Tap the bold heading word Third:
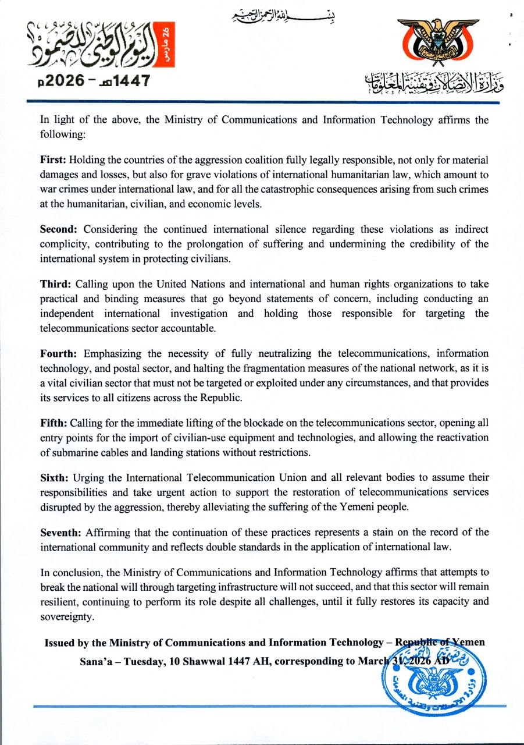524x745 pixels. coord(54,284)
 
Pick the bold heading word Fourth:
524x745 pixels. coord(59,353)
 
